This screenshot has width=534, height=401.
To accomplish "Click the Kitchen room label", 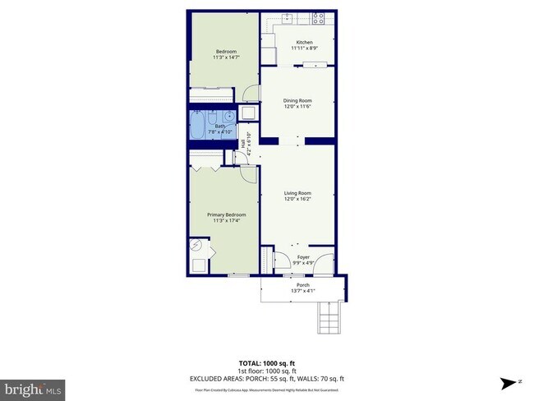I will click(304, 42).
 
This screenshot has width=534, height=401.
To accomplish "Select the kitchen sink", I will click(288, 18).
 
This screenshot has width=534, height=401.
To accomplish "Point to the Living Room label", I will click(297, 193).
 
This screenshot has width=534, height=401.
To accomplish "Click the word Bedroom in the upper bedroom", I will click(214, 52).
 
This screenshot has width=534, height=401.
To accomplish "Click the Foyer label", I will click(303, 257).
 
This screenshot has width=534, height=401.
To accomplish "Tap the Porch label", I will click(304, 285).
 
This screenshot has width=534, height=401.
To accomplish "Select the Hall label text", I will click(243, 144).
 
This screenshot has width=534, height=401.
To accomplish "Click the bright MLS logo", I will click(34, 387).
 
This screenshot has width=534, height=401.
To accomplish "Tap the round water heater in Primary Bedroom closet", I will click(196, 245).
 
